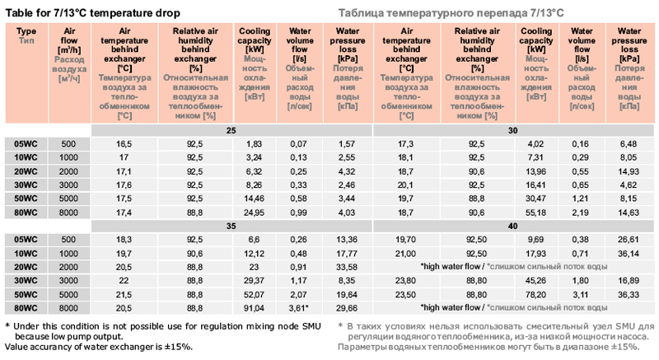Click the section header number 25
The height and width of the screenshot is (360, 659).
[x=231, y=131]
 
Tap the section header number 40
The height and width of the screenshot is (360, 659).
[x=513, y=225]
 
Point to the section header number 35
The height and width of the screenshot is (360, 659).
[x=231, y=225]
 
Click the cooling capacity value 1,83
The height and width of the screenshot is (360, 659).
[x=254, y=144]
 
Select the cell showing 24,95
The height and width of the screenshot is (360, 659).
[x=254, y=213]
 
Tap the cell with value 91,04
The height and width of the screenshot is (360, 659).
[x=254, y=307]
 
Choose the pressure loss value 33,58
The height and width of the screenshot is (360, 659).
[x=346, y=266]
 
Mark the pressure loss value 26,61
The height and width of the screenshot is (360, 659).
[x=629, y=239]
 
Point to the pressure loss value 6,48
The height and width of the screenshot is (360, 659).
[x=629, y=144]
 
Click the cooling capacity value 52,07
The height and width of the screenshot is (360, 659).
[x=254, y=293]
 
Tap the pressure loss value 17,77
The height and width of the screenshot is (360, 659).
[x=346, y=253]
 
